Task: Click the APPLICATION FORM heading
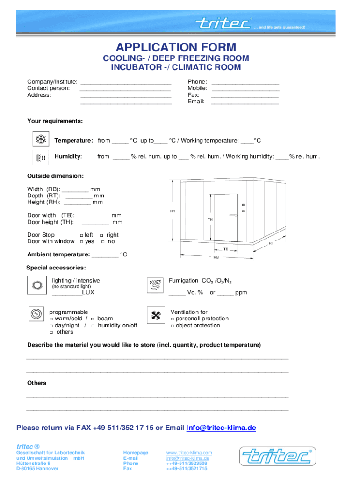(176, 47)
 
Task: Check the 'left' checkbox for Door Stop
(81, 235)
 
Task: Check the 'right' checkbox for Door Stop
(101, 235)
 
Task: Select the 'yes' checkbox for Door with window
(81, 242)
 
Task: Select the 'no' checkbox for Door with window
(103, 242)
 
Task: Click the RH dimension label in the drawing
(173, 211)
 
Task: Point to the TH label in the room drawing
(210, 219)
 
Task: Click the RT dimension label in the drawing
(271, 243)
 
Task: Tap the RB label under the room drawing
(216, 257)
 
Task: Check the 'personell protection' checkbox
(173, 319)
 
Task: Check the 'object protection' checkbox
(173, 326)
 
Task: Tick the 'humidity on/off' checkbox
(93, 326)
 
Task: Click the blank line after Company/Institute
(126, 82)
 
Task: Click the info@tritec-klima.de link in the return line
(221, 428)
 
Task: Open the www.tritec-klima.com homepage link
(189, 453)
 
